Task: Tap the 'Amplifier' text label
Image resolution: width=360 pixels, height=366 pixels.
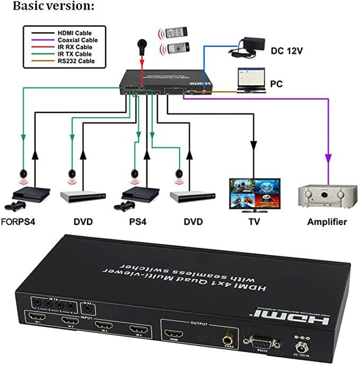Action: click(x=327, y=222)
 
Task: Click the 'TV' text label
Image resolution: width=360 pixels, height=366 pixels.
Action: click(x=255, y=222)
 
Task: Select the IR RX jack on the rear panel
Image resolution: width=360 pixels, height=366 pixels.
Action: click(x=87, y=308)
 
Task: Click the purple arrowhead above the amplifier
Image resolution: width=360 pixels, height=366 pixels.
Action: click(x=328, y=158)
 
